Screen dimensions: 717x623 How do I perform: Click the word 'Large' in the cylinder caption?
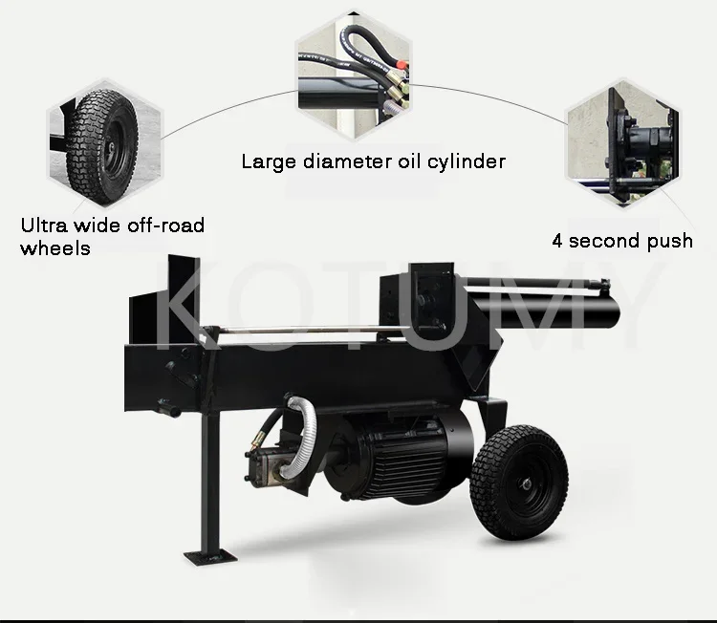coord(268,161)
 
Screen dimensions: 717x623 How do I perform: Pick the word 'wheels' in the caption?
coord(55,248)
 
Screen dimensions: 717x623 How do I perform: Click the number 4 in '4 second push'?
coord(558,240)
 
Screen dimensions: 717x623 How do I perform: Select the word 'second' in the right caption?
coord(604,240)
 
